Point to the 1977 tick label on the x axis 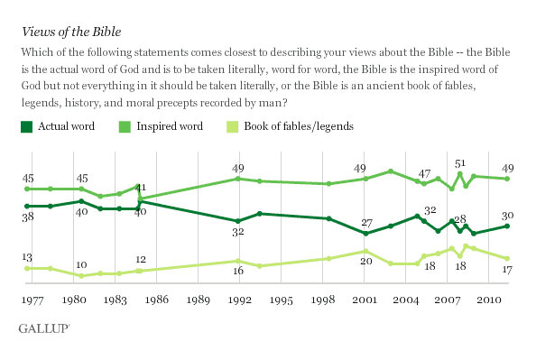(x=33, y=299)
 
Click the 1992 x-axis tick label (x=238, y=299)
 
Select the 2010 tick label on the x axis (x=488, y=299)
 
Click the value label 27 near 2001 (x=367, y=222)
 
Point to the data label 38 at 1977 (x=28, y=217)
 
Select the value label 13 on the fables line (x=28, y=256)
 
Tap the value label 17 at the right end (x=507, y=269)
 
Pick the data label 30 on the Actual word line (x=507, y=215)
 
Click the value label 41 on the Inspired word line (x=141, y=188)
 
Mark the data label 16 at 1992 (x=237, y=272)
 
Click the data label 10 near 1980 (x=81, y=264)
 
